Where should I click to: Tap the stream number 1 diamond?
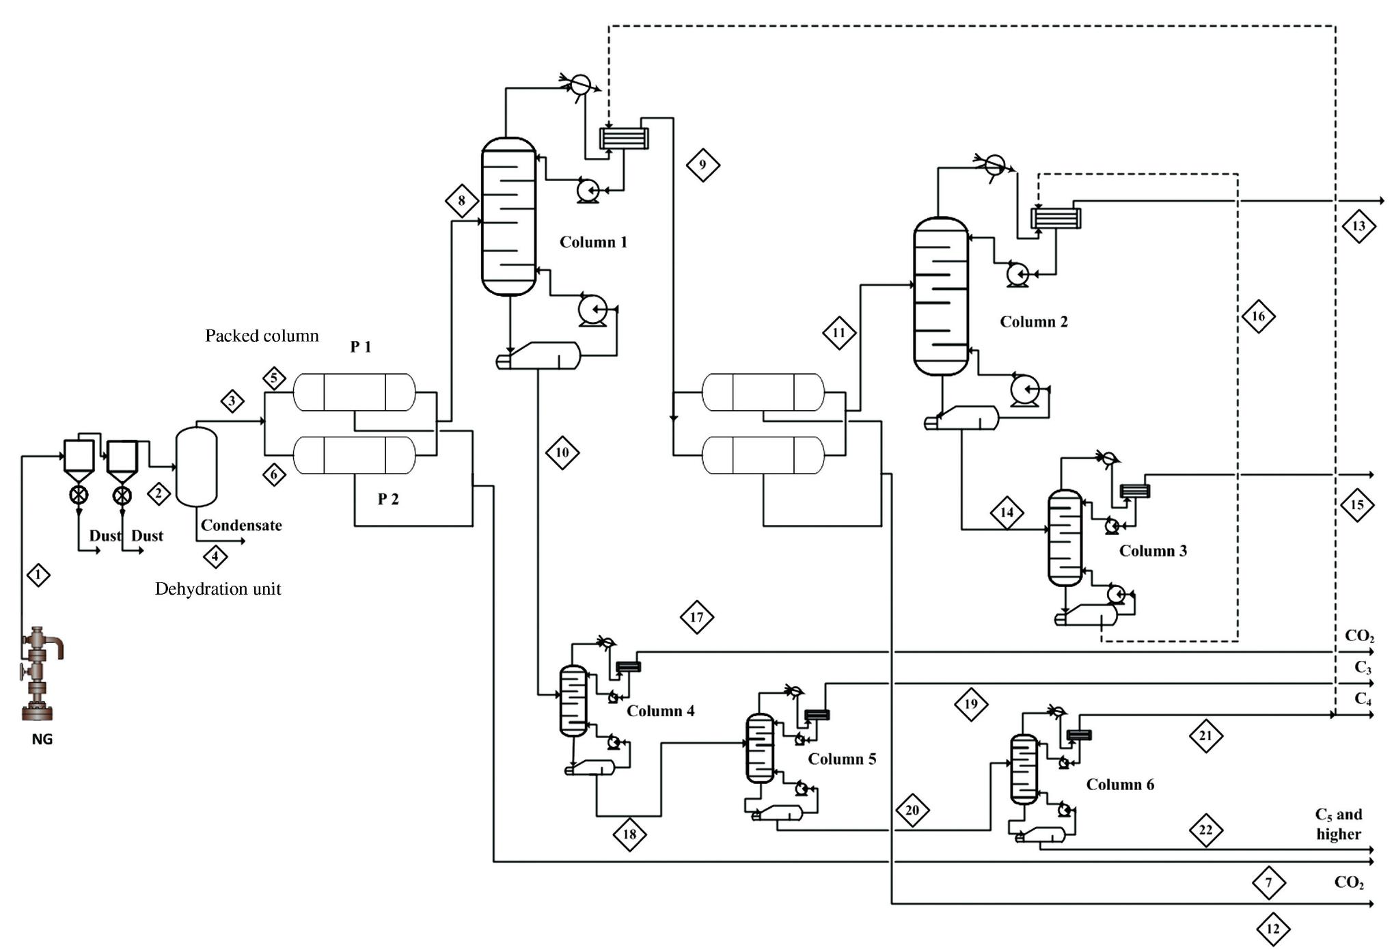[38, 575]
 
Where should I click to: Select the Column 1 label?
[592, 242]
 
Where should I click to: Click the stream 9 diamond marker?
[702, 165]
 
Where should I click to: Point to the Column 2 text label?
[1033, 322]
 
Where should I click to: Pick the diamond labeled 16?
[1258, 316]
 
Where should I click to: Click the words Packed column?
[262, 336]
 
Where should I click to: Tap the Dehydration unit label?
[218, 589]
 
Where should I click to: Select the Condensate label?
[241, 526]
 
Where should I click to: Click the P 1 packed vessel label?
[360, 347]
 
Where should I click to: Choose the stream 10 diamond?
[562, 452]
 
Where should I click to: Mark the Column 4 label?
[660, 711]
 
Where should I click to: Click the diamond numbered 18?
[629, 834]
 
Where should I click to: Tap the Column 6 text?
[1120, 785]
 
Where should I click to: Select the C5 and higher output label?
[1338, 824]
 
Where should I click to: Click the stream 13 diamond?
[1358, 226]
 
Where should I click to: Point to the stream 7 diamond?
[1268, 882]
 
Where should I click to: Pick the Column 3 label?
[1153, 551]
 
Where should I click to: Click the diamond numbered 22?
[1205, 830]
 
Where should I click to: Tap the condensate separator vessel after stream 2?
[197, 467]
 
